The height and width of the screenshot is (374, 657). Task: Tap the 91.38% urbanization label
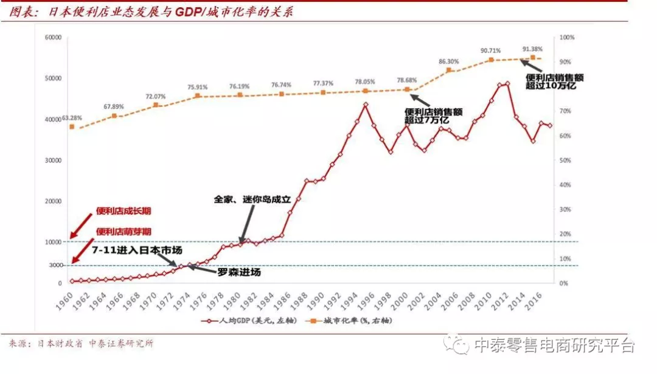click(532, 48)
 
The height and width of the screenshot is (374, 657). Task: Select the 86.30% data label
click(448, 61)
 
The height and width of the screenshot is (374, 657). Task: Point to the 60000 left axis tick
click(54, 38)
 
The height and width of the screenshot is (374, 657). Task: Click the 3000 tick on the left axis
click(56, 266)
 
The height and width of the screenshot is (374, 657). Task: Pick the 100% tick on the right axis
click(566, 38)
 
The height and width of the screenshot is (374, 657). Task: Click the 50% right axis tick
click(566, 161)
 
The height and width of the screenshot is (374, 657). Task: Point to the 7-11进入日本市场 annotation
click(137, 249)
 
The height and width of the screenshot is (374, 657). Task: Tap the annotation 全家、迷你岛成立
click(253, 199)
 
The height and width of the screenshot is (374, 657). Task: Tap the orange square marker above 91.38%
click(532, 58)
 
